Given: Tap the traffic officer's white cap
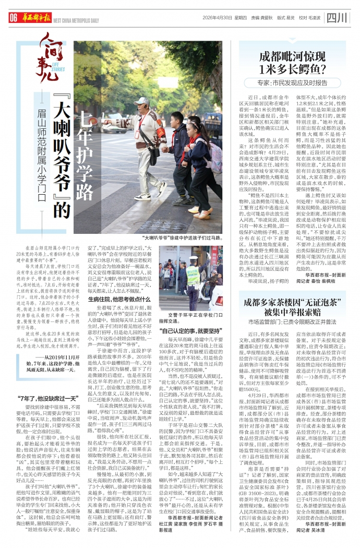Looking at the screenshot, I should (191, 259).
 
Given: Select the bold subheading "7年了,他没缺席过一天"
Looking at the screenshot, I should (43, 386).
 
